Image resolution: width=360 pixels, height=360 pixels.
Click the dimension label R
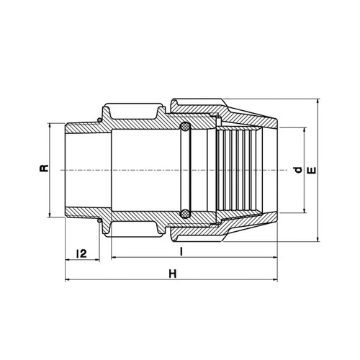[44, 168]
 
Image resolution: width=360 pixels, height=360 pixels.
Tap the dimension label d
[298, 170]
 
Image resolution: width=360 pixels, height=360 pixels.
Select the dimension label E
[312, 170]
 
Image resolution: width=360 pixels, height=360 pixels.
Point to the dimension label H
[173, 274]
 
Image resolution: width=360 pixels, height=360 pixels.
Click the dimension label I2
[81, 253]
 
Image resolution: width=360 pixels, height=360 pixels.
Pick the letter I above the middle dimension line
[181, 251]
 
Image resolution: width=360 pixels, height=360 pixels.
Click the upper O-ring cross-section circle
[185, 127]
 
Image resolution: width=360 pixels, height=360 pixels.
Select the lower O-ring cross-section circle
[185, 214]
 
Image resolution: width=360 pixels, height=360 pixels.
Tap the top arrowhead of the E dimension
[318, 101]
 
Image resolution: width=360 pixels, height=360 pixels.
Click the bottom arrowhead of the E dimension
[318, 239]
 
